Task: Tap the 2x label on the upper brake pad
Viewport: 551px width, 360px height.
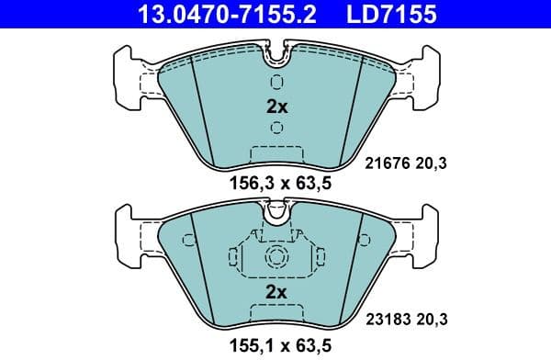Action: (x=276, y=106)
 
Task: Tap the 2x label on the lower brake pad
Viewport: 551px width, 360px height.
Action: (x=276, y=292)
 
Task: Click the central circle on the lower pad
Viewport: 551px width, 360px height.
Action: (x=276, y=258)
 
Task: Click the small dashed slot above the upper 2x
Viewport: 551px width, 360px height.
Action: (x=276, y=80)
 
